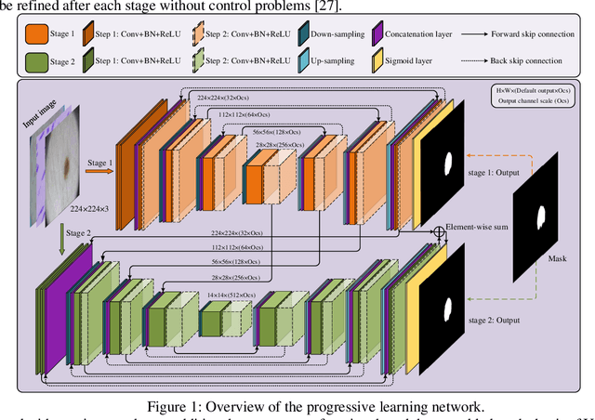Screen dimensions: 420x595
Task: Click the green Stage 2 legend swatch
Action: (38, 61)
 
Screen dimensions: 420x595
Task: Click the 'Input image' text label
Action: (52, 111)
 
